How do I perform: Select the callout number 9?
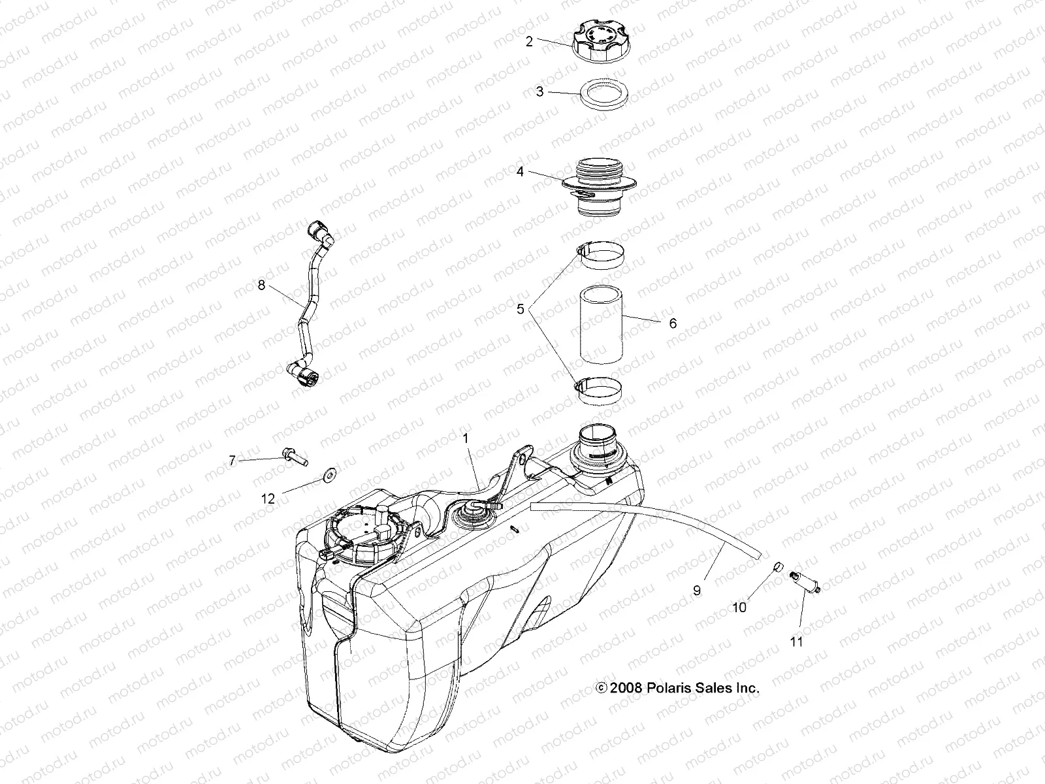697,590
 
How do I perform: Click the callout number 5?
521,309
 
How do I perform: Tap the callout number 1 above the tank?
466,439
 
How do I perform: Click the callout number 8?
261,286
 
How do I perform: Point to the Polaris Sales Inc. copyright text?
677,688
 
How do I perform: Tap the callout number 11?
796,642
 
